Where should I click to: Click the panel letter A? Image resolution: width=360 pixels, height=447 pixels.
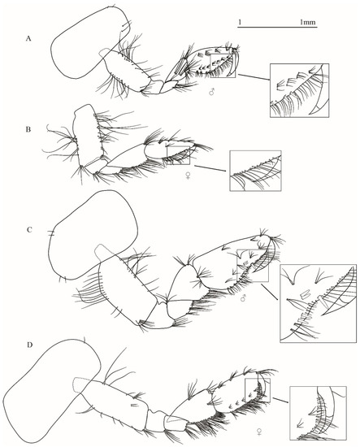pyautogui.click(x=28, y=38)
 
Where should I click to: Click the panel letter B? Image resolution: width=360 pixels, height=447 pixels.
pyautogui.click(x=28, y=129)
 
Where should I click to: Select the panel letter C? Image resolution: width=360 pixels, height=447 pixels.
pyautogui.click(x=29, y=230)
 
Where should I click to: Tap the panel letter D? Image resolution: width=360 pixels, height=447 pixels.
pyautogui.click(x=29, y=345)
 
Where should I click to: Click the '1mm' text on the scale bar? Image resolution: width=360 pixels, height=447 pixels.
pyautogui.click(x=307, y=22)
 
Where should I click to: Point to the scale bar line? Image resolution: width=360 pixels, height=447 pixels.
pyautogui.click(x=277, y=28)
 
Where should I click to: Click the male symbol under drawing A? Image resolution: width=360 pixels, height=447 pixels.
pyautogui.click(x=211, y=92)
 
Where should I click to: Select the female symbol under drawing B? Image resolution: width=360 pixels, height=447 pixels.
pyautogui.click(x=188, y=176)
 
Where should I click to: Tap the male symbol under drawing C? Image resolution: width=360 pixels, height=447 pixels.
pyautogui.click(x=243, y=298)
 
